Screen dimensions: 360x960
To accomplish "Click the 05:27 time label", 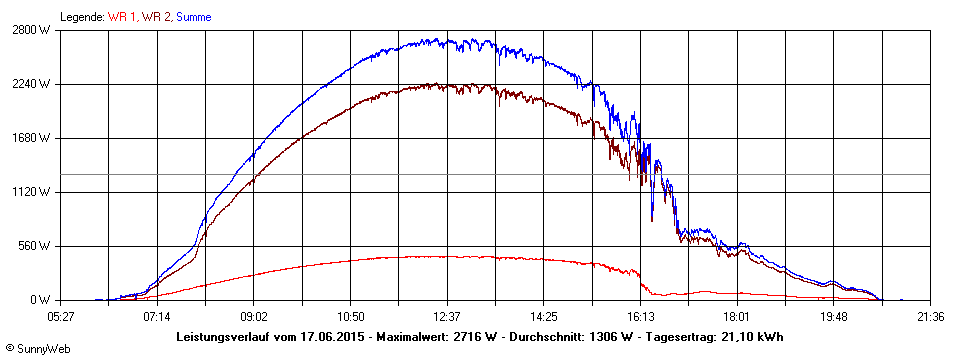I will (60, 316).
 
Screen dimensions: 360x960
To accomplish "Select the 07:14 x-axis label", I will (157, 316).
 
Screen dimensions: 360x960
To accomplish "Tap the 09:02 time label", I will (254, 316).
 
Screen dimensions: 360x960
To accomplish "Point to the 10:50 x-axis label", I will (350, 316).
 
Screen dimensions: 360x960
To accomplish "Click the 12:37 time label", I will (447, 316).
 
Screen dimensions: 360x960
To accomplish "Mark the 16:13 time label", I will (640, 316).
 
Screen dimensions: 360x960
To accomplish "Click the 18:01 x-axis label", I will (737, 316).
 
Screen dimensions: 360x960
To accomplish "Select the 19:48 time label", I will (834, 316).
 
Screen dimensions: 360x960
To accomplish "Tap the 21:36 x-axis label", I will (930, 316).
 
